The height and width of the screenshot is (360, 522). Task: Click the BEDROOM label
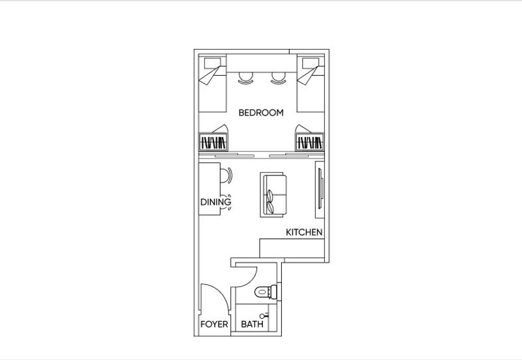pos(261,113)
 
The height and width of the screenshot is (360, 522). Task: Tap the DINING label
pos(215,202)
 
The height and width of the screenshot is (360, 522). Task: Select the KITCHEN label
pos(304,232)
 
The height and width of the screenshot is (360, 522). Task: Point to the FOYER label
pos(213,324)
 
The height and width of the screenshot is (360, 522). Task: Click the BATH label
pos(252,324)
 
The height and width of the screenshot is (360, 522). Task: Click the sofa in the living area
pos(272,194)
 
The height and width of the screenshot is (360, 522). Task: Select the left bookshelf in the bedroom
pos(213,143)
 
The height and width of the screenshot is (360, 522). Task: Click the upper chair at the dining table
pos(225,175)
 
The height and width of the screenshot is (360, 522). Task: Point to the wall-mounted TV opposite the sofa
pos(320,189)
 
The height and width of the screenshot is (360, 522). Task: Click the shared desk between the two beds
pos(261,63)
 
